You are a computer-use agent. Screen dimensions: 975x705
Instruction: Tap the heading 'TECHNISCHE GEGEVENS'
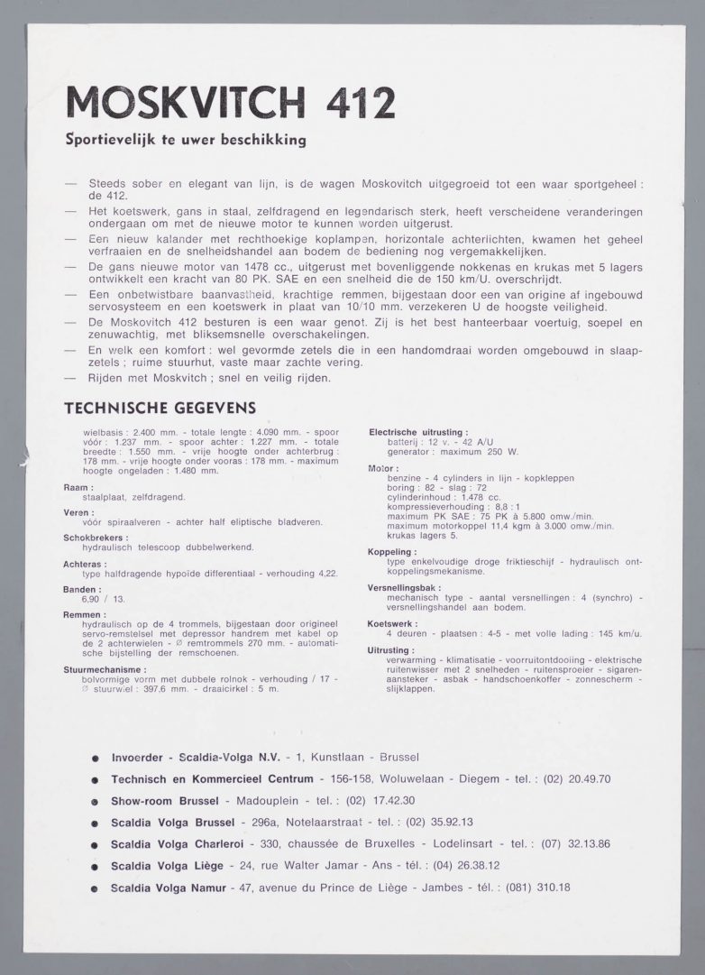(x=160, y=408)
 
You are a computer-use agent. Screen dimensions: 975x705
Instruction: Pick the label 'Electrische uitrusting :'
(x=417, y=433)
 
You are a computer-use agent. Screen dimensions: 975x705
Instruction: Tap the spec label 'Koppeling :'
(x=392, y=551)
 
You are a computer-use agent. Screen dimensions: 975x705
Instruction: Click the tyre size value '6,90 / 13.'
(x=104, y=599)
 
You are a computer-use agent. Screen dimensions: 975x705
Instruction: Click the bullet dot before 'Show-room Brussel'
(x=95, y=802)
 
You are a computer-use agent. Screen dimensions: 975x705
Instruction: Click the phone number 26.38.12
(x=475, y=866)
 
